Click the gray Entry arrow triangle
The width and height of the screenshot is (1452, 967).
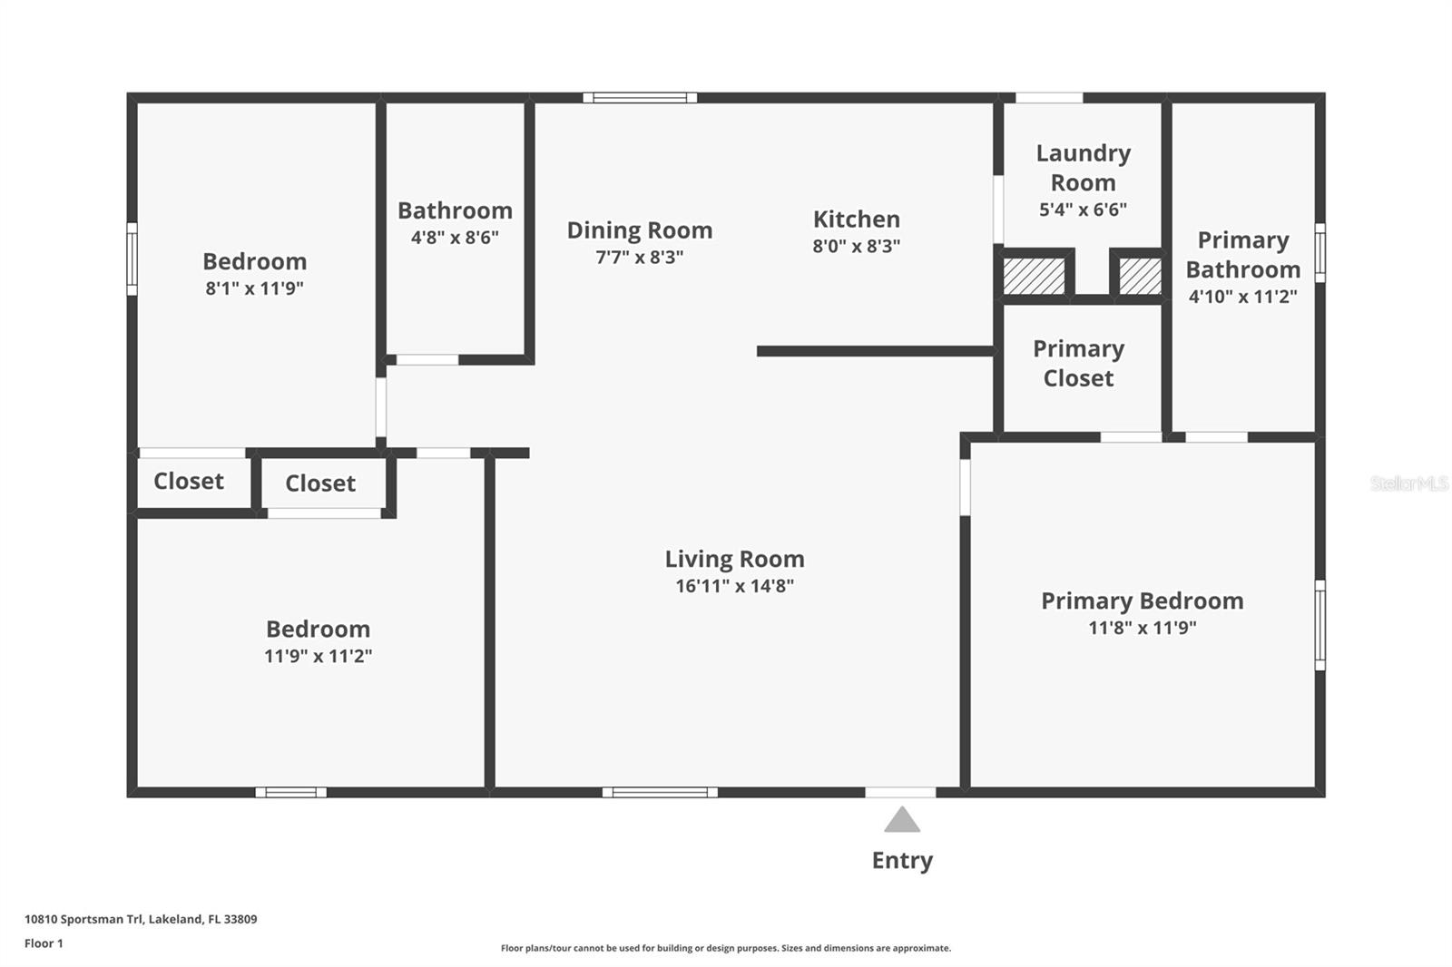point(902,820)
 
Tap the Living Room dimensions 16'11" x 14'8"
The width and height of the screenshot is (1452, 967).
point(734,586)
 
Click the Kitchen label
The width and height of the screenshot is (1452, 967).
point(856,220)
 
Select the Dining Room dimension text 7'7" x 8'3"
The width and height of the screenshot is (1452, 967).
point(639,257)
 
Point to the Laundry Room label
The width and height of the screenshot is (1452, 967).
point(1083,168)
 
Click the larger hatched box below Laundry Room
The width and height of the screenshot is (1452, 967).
point(1034,276)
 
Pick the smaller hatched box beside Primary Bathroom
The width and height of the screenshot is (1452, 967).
point(1139,276)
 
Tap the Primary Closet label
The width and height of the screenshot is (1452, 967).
point(1078,363)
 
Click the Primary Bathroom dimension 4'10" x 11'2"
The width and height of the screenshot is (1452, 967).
point(1242,296)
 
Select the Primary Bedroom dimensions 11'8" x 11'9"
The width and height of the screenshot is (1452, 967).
point(1142,628)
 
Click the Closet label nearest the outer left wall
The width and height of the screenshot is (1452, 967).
point(189,481)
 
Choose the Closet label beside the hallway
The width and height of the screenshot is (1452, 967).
point(320,483)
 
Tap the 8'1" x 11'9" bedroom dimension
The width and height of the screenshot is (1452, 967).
point(254,288)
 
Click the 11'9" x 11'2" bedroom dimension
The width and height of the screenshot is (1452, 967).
point(318,656)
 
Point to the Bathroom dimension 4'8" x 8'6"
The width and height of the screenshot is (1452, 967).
point(455,238)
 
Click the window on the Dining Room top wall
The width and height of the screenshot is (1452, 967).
point(640,98)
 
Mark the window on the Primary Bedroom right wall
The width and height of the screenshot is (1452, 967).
point(1320,625)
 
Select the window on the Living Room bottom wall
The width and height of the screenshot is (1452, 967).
point(660,792)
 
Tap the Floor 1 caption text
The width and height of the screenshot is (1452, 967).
point(44,943)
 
